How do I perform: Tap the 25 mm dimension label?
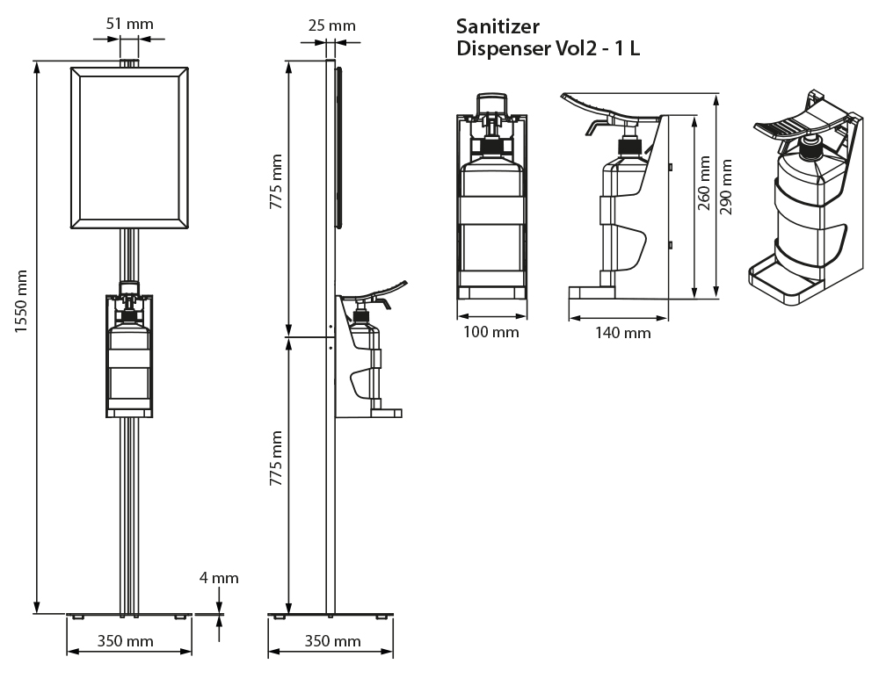[332, 25]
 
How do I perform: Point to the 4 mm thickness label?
[219, 578]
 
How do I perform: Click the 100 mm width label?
[491, 332]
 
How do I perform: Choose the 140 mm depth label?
[622, 332]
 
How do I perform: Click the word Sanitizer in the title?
[498, 25]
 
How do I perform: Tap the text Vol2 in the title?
[570, 48]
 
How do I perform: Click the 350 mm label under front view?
[125, 641]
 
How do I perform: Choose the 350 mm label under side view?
[332, 641]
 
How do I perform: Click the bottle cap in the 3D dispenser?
[810, 144]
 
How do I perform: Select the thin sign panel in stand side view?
[338, 145]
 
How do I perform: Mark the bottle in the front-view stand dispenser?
[129, 364]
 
